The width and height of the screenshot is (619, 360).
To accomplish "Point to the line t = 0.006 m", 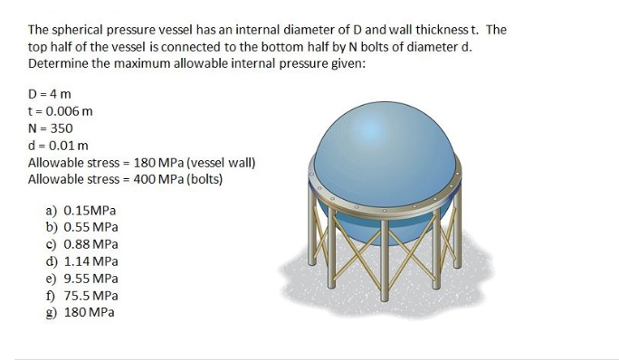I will pyautogui.click(x=61, y=111).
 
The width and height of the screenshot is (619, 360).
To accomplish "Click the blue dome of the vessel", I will pyautogui.click(x=384, y=145).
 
